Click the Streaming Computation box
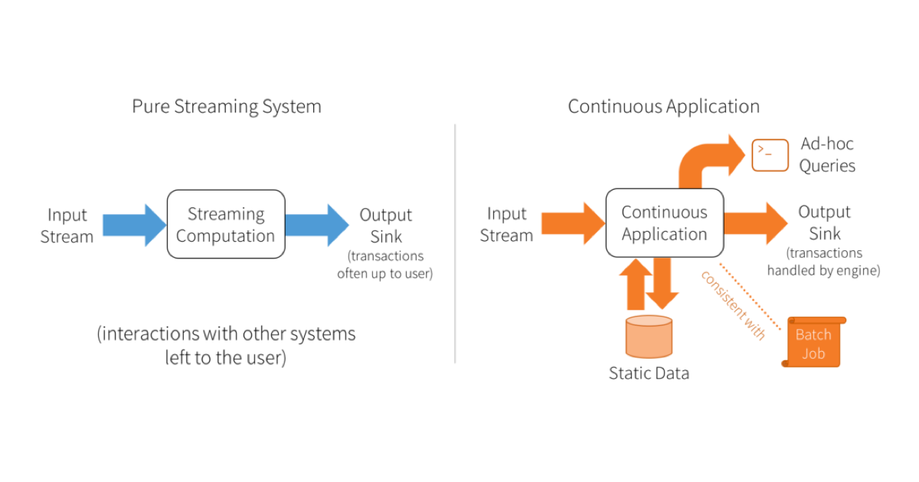(x=226, y=224)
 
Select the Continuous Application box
(x=664, y=223)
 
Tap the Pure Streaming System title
(x=226, y=106)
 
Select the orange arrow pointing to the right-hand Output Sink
(x=755, y=223)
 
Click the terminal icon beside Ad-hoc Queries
(x=770, y=155)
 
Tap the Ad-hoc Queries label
(x=827, y=155)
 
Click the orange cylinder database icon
(x=649, y=337)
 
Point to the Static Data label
(x=649, y=373)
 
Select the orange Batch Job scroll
(x=813, y=343)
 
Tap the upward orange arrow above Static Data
(x=636, y=285)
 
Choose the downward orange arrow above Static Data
(x=662, y=283)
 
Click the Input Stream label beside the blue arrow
(x=67, y=226)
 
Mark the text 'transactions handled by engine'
(x=824, y=262)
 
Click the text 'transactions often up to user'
(x=384, y=265)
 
